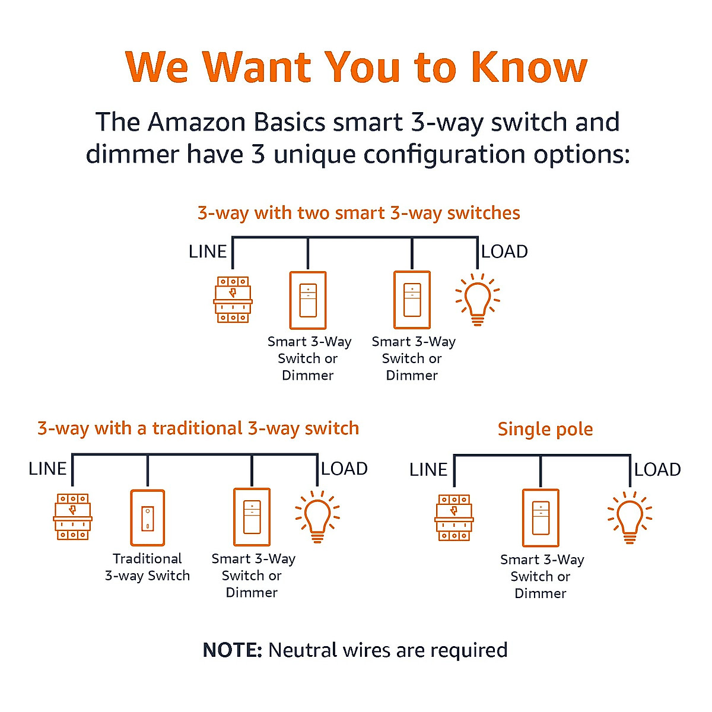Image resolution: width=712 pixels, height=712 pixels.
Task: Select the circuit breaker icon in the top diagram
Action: [233, 300]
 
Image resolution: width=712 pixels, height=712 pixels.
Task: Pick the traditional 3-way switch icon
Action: [147, 517]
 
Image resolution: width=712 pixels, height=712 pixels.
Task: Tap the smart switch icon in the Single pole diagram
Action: [541, 517]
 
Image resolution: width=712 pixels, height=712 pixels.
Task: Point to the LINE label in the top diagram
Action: [207, 252]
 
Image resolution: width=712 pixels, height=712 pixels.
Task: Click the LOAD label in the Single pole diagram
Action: [657, 470]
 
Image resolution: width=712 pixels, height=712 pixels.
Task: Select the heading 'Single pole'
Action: [545, 429]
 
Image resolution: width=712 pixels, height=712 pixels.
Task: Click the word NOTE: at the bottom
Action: [232, 650]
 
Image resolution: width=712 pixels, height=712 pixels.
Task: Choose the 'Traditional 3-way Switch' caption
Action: [147, 567]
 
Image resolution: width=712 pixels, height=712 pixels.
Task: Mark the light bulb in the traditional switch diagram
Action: [317, 516]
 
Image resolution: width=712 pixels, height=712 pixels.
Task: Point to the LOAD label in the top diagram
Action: [504, 252]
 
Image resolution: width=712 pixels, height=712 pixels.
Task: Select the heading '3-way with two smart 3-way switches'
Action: [358, 213]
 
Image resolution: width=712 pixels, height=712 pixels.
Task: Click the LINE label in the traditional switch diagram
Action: [47, 469]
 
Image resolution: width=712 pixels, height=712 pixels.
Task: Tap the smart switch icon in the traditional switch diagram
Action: [252, 517]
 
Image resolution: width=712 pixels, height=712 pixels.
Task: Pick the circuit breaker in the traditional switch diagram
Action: [72, 516]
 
